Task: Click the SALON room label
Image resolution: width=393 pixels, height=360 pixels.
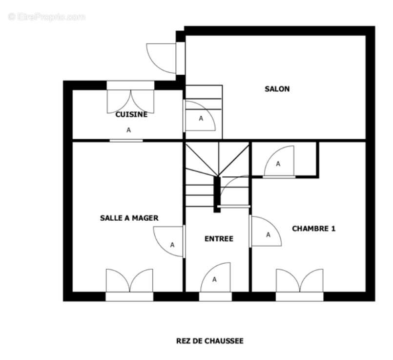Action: click(x=277, y=89)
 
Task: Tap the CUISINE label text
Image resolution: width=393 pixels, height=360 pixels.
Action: click(x=131, y=115)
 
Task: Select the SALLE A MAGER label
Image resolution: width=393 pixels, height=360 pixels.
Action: click(x=129, y=218)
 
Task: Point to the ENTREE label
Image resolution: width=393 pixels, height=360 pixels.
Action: click(x=219, y=239)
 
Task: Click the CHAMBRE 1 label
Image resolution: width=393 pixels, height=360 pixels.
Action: click(x=313, y=229)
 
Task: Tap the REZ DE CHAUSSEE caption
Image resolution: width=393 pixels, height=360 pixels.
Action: click(x=210, y=341)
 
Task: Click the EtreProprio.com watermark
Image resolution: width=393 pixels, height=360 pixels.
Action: click(x=46, y=17)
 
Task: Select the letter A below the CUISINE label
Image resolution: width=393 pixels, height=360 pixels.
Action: click(x=128, y=130)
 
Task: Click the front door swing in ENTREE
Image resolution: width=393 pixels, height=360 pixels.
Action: click(x=215, y=277)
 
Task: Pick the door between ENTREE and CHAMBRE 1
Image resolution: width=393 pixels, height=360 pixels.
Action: click(x=266, y=231)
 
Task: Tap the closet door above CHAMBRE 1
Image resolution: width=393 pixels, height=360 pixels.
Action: click(x=279, y=161)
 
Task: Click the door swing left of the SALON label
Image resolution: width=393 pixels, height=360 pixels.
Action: click(x=200, y=116)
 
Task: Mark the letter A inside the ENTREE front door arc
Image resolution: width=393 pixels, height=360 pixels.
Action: click(x=214, y=279)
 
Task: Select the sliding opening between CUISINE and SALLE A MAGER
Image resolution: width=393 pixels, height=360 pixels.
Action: click(x=126, y=141)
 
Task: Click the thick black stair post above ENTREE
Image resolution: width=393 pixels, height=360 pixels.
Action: click(x=217, y=194)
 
